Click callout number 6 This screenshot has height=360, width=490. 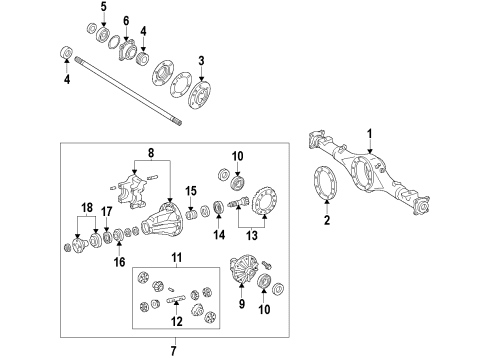126,22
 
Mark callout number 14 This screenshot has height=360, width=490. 219,236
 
